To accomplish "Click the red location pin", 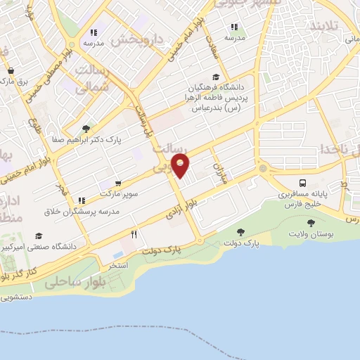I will click(181, 167).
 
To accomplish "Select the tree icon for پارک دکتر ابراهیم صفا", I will click(86, 129).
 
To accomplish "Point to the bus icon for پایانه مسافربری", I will click(303, 181).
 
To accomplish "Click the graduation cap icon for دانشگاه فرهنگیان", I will click(216, 78).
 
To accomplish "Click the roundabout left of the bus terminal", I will click(264, 169).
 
